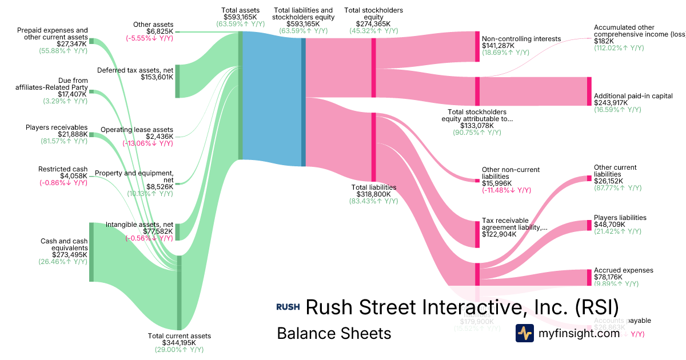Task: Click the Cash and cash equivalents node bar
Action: pyautogui.click(x=91, y=252)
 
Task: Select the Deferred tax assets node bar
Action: pyautogui.click(x=177, y=81)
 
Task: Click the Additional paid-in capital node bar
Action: pyautogui.click(x=589, y=91)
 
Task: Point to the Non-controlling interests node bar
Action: pyautogui.click(x=477, y=47)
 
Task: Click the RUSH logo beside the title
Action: pyautogui.click(x=288, y=307)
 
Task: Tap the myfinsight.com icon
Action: pyautogui.click(x=525, y=333)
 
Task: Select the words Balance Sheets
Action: pyautogui.click(x=334, y=333)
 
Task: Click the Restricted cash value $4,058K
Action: pyautogui.click(x=73, y=176)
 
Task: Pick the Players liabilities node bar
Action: pyautogui.click(x=589, y=225)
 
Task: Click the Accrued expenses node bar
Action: pyautogui.click(x=589, y=277)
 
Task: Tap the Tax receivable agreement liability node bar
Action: pyautogui.click(x=477, y=234)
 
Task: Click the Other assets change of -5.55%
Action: pyautogui.click(x=150, y=38)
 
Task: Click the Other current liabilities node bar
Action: pyautogui.click(x=589, y=178)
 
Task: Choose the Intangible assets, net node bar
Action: pyautogui.click(x=177, y=232)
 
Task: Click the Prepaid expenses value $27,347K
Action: pyautogui.click(x=73, y=43)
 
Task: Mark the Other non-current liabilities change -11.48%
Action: pyautogui.click(x=506, y=190)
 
